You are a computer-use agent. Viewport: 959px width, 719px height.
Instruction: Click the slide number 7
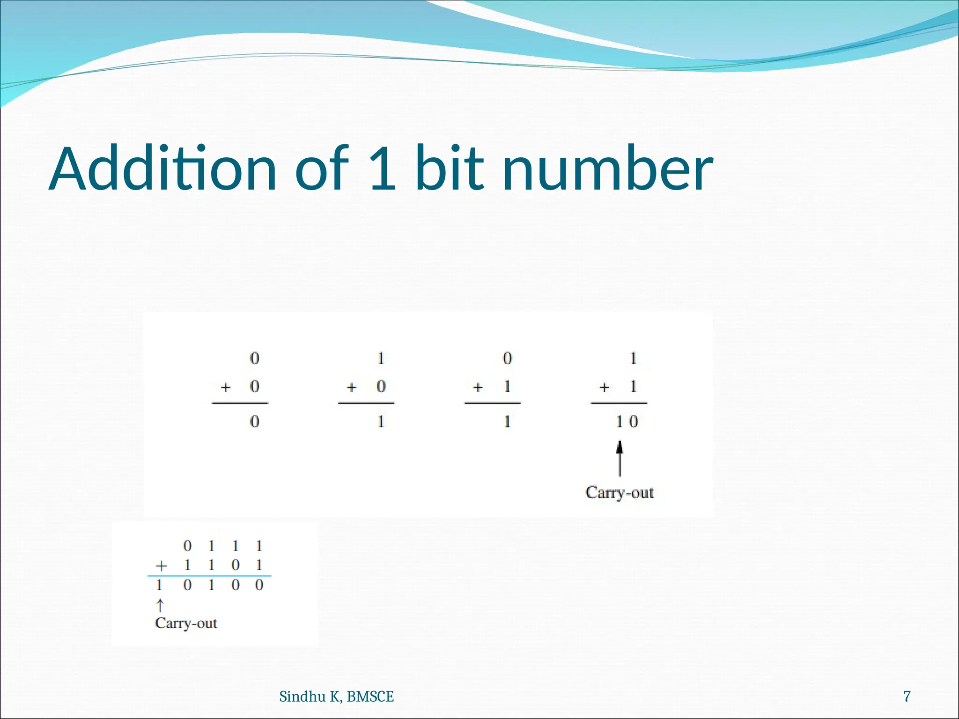(x=907, y=697)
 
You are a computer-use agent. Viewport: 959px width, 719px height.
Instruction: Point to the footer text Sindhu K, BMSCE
(x=336, y=697)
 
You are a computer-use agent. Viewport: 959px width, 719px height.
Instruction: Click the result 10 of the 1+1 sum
(x=627, y=422)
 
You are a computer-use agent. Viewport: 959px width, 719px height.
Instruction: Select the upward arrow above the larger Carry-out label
(x=620, y=459)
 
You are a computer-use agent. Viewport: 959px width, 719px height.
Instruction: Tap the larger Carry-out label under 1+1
(x=619, y=492)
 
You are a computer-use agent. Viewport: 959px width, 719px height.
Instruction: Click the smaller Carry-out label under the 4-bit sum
(x=186, y=623)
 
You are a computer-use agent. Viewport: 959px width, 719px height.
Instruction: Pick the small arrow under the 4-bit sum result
(x=160, y=605)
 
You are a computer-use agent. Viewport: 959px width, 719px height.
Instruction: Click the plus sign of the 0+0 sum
(x=226, y=388)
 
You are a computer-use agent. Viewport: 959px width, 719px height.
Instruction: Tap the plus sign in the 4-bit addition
(x=161, y=566)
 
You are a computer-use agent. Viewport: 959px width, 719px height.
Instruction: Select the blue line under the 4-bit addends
(x=209, y=575)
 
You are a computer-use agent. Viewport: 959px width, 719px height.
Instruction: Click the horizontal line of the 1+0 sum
(x=366, y=403)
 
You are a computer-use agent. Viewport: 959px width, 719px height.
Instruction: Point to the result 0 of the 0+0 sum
(x=254, y=422)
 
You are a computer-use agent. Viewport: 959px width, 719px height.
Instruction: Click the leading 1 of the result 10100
(x=159, y=585)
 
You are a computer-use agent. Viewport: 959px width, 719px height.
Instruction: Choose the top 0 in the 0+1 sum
(x=507, y=358)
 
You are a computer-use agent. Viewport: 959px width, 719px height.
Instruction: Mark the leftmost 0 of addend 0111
(x=187, y=546)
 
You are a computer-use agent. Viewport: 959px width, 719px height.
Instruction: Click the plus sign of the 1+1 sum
(x=605, y=388)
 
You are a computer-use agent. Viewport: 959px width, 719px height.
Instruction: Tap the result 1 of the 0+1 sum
(x=507, y=422)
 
